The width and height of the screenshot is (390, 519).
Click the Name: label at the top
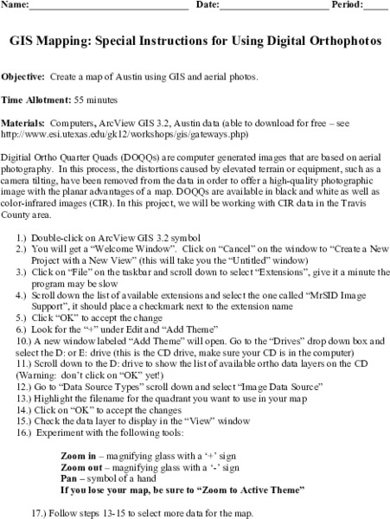click(16, 6)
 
